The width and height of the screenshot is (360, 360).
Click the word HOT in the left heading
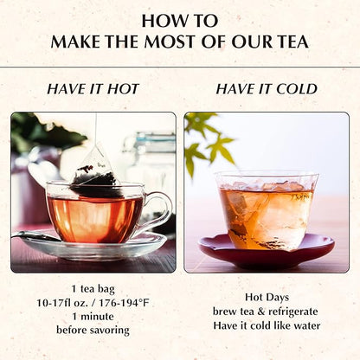pos(123,89)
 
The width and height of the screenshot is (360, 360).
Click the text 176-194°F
pos(125,303)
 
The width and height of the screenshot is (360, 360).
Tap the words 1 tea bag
pos(93,289)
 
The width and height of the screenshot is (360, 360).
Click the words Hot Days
pos(267,298)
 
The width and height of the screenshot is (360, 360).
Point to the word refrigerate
pos(293,312)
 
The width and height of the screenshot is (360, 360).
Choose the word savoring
pos(109,331)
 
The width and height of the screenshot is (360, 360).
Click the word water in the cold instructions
pos(307,325)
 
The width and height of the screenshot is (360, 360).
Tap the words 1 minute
pos(93,317)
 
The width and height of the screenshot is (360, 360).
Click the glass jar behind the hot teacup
pos(150,162)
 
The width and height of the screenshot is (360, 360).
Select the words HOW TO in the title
pos(180,21)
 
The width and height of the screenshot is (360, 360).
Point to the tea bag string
pos(96,128)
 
